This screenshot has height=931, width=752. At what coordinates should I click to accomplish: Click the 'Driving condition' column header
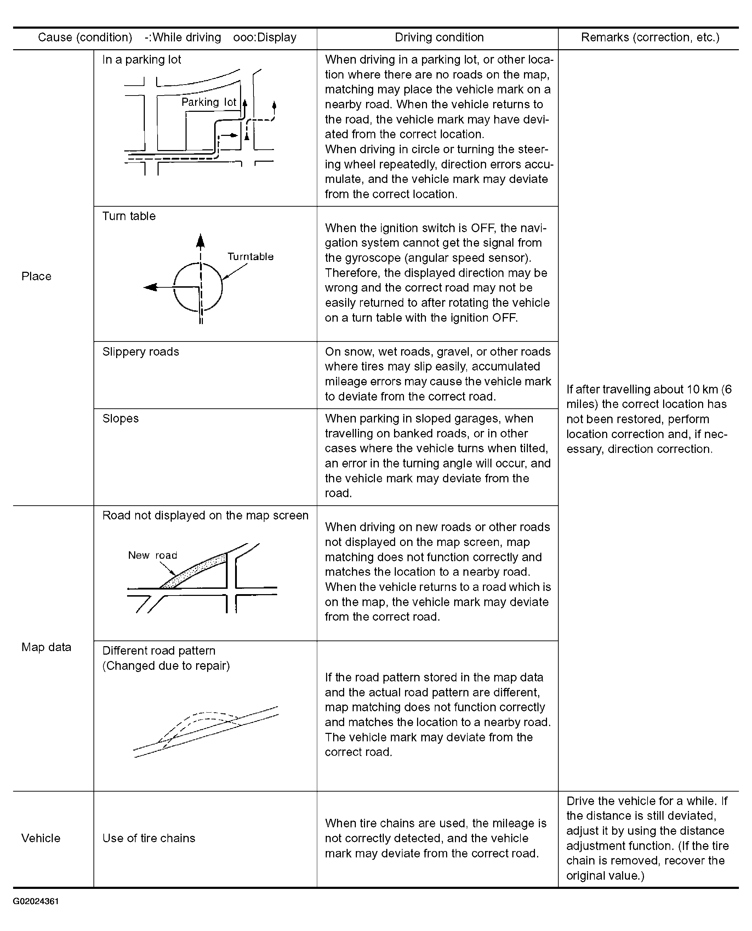(439, 38)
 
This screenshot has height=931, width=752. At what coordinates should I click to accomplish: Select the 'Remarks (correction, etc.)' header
(650, 38)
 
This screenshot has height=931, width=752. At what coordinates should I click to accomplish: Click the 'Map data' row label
(46, 647)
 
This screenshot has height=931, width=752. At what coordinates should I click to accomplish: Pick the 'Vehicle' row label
(41, 838)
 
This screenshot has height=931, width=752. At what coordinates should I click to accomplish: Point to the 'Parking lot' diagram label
(209, 102)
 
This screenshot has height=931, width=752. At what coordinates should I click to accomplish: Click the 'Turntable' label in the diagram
(250, 257)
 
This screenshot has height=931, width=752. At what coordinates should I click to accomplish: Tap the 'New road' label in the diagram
(153, 555)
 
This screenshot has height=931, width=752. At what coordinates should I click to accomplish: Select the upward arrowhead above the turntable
(200, 241)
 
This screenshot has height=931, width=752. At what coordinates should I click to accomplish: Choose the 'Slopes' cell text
(120, 419)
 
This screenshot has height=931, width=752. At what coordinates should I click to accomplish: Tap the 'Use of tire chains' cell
(149, 838)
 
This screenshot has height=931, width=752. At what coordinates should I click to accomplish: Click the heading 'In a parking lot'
(142, 60)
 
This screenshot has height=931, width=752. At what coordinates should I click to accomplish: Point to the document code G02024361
(36, 901)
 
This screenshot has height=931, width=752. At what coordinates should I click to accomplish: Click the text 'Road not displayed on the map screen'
(205, 516)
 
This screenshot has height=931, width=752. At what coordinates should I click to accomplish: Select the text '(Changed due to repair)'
(166, 666)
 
